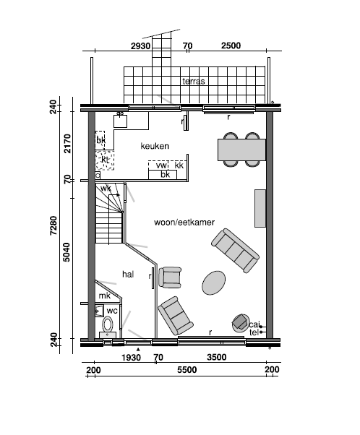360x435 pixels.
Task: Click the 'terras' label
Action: (194, 81)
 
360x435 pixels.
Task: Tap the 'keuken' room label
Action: (155, 146)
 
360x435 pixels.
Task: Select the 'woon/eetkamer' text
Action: (184, 223)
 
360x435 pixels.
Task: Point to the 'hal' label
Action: (128, 274)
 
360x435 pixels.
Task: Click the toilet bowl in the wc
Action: (108, 324)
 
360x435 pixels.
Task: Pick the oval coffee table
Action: (213, 283)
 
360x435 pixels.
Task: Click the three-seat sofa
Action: (235, 251)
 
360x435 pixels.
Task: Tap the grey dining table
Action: (241, 150)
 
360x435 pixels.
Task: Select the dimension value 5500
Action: (187, 370)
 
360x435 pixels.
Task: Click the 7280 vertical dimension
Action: (53, 225)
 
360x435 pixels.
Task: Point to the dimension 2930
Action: (140, 46)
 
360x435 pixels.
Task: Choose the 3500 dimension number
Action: (216, 357)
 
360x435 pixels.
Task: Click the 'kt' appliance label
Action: (105, 160)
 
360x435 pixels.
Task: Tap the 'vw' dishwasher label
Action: (161, 165)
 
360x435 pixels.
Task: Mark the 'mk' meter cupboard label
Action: (104, 296)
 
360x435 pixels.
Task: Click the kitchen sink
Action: (120, 121)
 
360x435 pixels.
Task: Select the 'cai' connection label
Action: (254, 324)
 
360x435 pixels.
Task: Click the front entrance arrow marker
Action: (138, 350)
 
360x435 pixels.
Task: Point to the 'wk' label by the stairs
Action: (106, 189)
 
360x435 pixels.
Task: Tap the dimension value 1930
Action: (131, 357)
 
